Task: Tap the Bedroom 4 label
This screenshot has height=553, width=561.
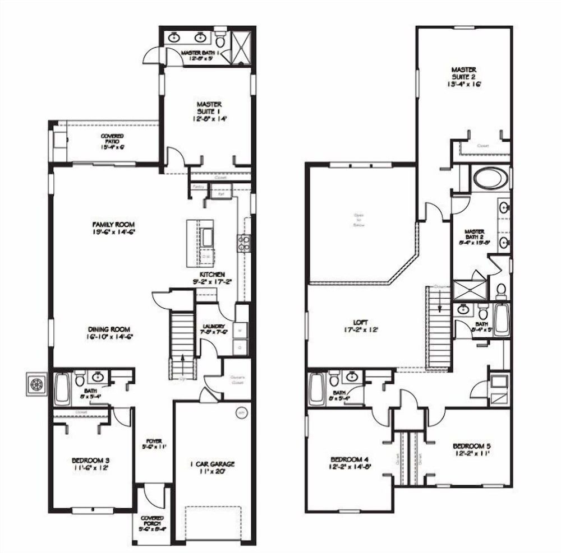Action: [x=349, y=461]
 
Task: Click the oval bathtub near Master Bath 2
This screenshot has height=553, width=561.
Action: [x=490, y=179]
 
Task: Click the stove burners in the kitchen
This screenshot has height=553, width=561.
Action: [x=244, y=243]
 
